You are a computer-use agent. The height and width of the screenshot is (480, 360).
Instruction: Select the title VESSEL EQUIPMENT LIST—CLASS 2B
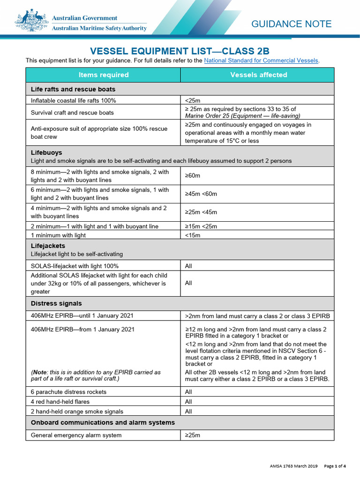coord(180,51)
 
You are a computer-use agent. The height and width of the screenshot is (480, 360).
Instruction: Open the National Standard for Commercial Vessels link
coord(261,60)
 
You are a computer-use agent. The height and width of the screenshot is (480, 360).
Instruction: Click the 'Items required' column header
coord(103,75)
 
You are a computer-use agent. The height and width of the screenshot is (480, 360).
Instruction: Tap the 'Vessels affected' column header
coord(258,75)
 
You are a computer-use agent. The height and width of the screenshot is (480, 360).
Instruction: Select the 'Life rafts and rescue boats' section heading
coord(73,89)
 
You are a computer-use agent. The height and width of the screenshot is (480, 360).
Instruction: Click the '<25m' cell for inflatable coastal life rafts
coord(193,100)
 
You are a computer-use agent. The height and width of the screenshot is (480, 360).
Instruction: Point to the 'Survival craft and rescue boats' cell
coord(72,112)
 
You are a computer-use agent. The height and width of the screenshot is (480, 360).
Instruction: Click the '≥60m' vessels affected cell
coord(193,176)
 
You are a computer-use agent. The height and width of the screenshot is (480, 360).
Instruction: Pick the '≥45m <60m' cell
coord(201,194)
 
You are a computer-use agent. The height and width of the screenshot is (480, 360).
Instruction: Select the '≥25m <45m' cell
coord(201,212)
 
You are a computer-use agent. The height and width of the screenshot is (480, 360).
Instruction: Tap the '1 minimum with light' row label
coord(58,235)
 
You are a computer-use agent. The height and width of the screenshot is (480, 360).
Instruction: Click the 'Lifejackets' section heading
coord(48,246)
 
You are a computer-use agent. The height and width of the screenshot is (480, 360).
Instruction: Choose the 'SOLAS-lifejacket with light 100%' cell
coord(75,266)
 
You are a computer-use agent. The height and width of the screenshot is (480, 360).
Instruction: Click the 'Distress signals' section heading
coord(56,303)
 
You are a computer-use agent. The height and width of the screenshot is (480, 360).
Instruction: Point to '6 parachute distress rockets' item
coord(68,392)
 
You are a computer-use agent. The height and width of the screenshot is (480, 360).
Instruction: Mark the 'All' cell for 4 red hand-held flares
coord(188,402)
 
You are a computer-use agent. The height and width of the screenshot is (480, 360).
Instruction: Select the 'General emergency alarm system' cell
coord(76,435)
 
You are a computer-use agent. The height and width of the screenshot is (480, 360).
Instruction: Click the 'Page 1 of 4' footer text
coord(335,466)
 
